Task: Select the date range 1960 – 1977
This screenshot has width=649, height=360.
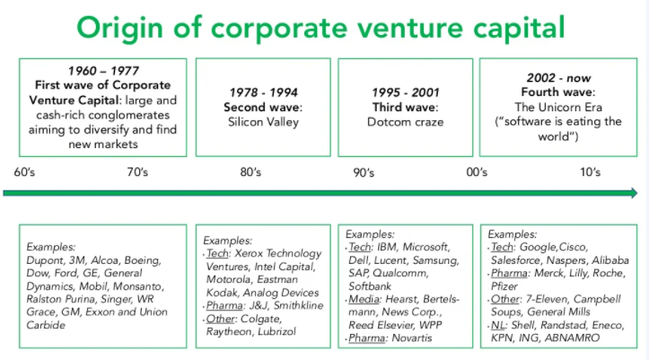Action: click(103, 71)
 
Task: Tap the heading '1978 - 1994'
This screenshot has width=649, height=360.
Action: click(264, 92)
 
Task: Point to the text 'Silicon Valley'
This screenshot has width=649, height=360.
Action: click(263, 122)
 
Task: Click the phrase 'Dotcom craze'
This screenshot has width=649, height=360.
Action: click(405, 122)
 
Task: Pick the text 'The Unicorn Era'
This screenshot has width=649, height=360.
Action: click(558, 107)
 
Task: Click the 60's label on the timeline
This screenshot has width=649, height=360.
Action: click(24, 171)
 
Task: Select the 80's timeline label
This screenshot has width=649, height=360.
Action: click(250, 171)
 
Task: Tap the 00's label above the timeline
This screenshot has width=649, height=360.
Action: click(477, 171)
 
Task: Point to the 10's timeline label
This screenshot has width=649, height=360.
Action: click(591, 171)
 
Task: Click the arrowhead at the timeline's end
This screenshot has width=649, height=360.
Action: click(634, 193)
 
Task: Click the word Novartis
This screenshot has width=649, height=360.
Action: click(412, 338)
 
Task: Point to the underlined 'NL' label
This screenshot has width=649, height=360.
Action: click(498, 325)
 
